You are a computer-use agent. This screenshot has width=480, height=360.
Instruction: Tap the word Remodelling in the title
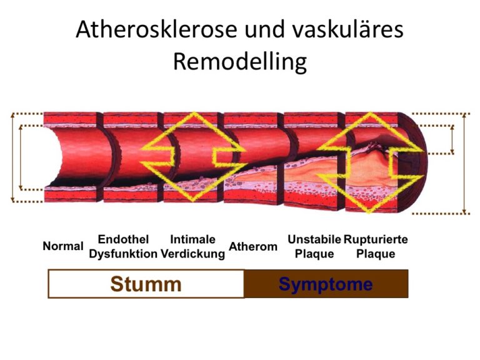pyautogui.click(x=240, y=62)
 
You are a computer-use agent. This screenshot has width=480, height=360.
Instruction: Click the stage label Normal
pyautogui.click(x=63, y=246)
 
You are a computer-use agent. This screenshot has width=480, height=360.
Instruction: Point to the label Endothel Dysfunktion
pyautogui.click(x=123, y=246)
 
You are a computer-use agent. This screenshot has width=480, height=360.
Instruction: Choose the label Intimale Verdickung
pyautogui.click(x=193, y=246)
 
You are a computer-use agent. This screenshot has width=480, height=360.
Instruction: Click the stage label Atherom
pyautogui.click(x=253, y=246)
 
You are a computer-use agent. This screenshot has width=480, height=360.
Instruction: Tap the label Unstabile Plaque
pyautogui.click(x=314, y=246)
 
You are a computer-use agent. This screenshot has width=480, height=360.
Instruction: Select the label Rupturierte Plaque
pyautogui.click(x=376, y=246)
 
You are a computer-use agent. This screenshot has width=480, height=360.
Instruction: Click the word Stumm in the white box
pyautogui.click(x=146, y=284)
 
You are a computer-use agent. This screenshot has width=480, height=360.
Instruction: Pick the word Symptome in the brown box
pyautogui.click(x=326, y=284)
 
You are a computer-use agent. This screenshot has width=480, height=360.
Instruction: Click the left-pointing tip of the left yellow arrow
pyautogui.click(x=141, y=149)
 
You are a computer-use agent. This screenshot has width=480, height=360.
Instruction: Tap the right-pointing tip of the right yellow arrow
pyautogui.click(x=425, y=150)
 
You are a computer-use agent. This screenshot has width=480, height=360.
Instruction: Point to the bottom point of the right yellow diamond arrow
pyautogui.click(x=369, y=212)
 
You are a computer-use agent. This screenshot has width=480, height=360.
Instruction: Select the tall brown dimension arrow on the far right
pyautogui.click(x=464, y=164)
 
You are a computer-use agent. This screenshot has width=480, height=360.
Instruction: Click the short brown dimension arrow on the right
pyautogui.click(x=452, y=139)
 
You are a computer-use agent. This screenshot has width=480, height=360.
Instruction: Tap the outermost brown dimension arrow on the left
pyautogui.click(x=12, y=157)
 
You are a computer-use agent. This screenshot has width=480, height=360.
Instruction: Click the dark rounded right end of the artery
pyautogui.click(x=413, y=162)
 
